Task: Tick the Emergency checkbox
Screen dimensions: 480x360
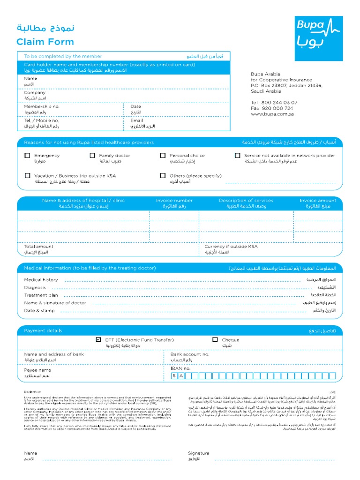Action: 27,155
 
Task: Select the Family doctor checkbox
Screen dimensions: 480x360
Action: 92,155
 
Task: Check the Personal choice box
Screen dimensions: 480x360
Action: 163,155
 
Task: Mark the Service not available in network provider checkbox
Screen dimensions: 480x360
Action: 237,155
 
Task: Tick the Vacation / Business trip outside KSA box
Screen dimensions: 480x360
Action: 27,176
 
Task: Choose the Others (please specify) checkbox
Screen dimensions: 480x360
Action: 163,176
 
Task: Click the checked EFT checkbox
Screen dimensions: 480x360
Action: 98,340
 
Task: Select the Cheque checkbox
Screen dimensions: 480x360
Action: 215,340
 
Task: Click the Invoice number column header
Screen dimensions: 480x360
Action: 174,201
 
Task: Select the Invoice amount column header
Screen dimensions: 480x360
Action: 318,201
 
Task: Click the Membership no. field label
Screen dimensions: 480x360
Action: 42,107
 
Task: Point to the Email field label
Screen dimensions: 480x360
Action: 136,120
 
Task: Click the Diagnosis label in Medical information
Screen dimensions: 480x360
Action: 35,287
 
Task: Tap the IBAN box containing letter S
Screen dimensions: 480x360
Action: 174,375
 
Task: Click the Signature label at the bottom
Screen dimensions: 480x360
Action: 199,453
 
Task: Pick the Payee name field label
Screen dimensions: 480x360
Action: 37,370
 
